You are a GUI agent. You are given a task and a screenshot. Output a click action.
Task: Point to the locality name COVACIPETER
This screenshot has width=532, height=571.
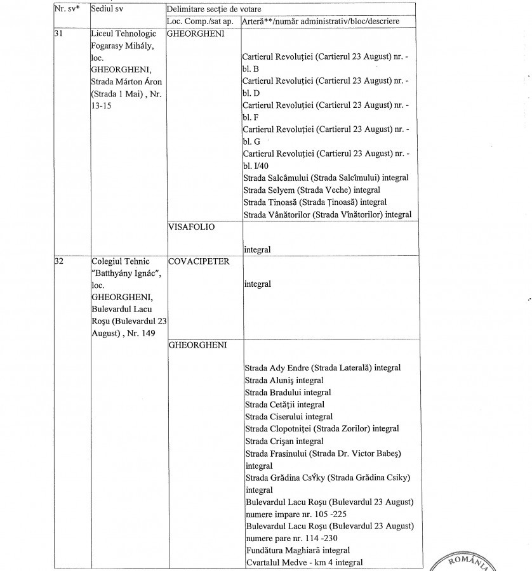point(199,261)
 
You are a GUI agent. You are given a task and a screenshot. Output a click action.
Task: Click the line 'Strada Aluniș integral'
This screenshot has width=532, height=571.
point(284,380)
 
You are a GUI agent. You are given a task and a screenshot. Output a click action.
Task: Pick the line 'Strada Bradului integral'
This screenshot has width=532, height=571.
point(288,392)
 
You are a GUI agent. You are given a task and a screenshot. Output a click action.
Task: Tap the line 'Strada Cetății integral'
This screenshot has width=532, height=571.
point(284,404)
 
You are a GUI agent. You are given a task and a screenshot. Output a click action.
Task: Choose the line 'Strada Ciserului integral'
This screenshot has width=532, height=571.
point(289,417)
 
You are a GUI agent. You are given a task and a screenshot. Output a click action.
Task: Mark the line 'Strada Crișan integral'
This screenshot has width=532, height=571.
point(284,441)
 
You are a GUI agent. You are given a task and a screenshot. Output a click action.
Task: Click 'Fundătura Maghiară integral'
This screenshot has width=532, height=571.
point(297,550)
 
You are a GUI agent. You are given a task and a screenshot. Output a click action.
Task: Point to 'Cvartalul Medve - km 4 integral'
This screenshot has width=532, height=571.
point(303,562)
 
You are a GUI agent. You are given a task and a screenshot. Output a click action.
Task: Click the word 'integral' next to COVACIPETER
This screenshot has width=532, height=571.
point(257,284)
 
